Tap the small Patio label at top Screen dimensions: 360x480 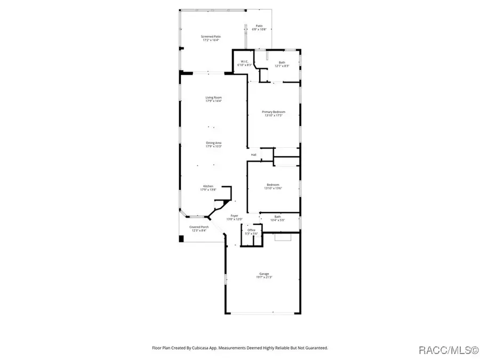[x=259, y=26]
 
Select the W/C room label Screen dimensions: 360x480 [x=243, y=62]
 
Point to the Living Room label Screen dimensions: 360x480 [x=214, y=98]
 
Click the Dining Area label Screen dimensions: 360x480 [x=214, y=143]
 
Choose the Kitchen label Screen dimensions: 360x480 [x=207, y=186]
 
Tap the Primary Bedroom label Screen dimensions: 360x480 [x=273, y=111]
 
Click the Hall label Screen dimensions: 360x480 [x=254, y=155]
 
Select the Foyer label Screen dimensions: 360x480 [x=235, y=215]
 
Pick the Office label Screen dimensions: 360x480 [x=251, y=230]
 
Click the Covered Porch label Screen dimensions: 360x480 [x=199, y=227]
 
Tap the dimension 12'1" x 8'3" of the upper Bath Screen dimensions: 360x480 [x=282, y=66]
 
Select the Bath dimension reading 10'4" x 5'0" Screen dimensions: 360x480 [x=278, y=220]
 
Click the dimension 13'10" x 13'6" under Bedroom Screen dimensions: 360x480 [x=273, y=188]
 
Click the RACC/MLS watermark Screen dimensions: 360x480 [x=447, y=350]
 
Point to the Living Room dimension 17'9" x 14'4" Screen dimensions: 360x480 [x=214, y=101]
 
